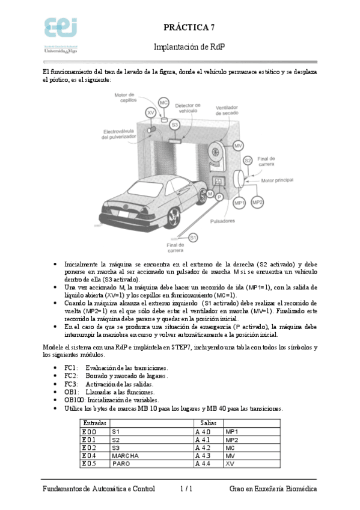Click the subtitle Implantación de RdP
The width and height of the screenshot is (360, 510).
click(x=189, y=46)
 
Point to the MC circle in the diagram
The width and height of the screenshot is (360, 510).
click(x=163, y=103)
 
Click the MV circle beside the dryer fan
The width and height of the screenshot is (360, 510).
click(x=238, y=146)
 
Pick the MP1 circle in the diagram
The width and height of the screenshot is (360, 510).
click(x=239, y=203)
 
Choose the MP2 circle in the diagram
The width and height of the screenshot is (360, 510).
click(x=257, y=203)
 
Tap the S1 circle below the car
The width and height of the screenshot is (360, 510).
click(x=193, y=238)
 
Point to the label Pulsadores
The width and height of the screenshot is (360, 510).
click(x=225, y=221)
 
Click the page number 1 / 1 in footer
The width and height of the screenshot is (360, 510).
click(x=186, y=490)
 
